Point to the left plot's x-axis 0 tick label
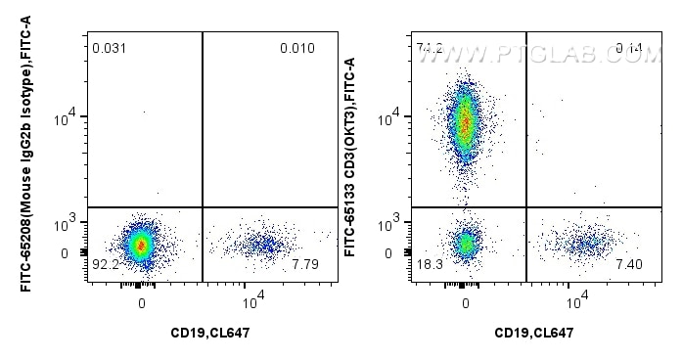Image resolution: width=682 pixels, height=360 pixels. [x=143, y=301]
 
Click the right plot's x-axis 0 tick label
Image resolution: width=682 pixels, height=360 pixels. [x=467, y=301]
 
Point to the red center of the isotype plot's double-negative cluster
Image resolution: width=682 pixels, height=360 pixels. [x=143, y=245]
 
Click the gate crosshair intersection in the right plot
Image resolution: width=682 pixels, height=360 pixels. [x=525, y=207]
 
